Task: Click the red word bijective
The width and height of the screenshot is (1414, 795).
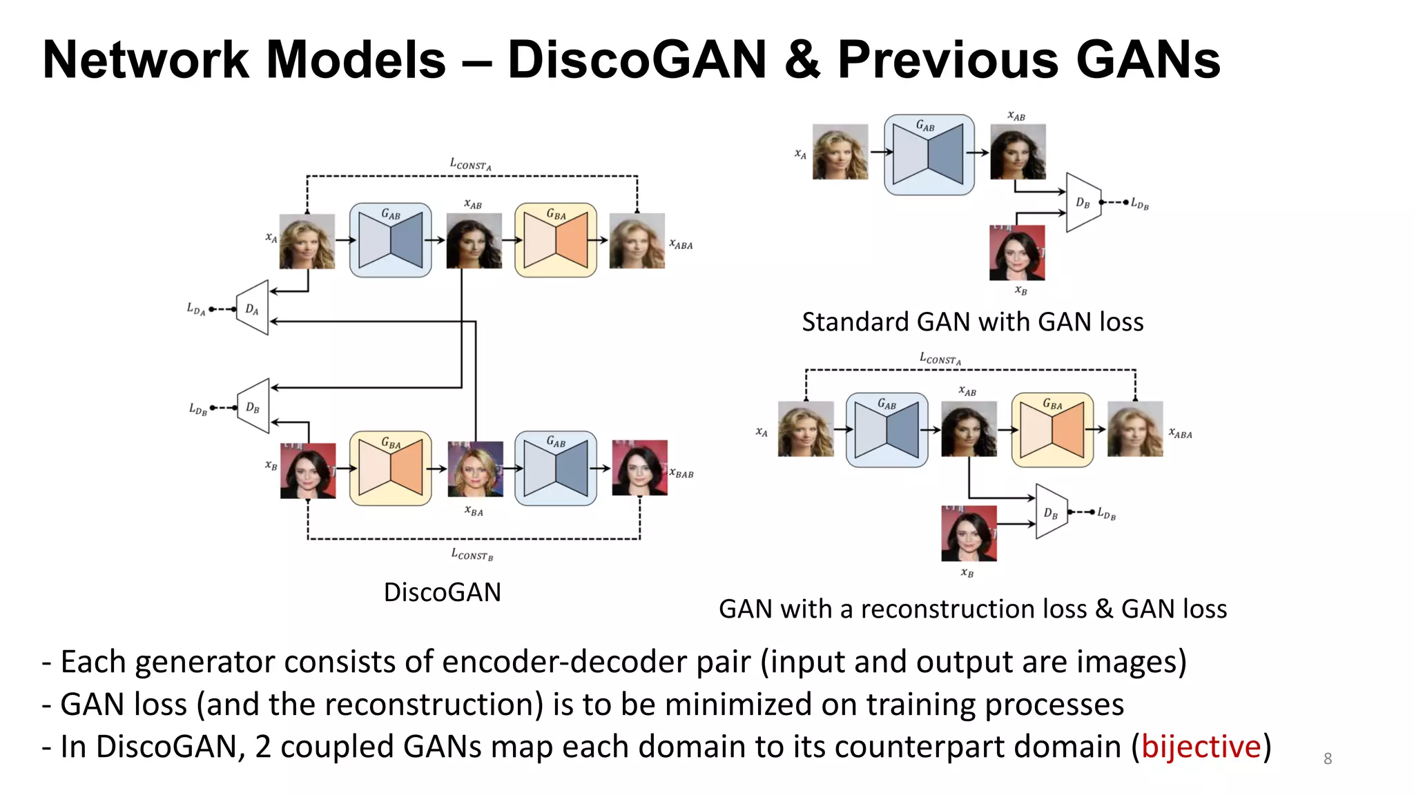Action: pyautogui.click(x=1201, y=747)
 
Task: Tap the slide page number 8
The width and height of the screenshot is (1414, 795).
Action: pyautogui.click(x=1327, y=758)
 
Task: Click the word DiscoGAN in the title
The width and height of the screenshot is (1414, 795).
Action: pyautogui.click(x=637, y=59)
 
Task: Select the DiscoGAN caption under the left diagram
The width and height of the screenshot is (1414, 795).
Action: pyautogui.click(x=442, y=592)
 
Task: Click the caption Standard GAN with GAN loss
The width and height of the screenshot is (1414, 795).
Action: pyautogui.click(x=972, y=322)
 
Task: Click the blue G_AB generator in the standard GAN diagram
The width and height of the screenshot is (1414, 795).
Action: pyautogui.click(x=929, y=155)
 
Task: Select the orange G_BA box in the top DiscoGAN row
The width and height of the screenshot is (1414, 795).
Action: pyautogui.click(x=556, y=240)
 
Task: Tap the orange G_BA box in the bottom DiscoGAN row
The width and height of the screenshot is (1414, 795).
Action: pyautogui.click(x=390, y=469)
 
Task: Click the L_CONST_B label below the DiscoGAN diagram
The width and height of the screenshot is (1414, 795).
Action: pyautogui.click(x=472, y=554)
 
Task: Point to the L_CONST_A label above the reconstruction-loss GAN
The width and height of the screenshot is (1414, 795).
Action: pyautogui.click(x=940, y=358)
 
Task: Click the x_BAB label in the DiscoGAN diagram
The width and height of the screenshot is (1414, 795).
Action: pyautogui.click(x=681, y=473)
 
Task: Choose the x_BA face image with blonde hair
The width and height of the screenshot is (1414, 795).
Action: pyautogui.click(x=475, y=469)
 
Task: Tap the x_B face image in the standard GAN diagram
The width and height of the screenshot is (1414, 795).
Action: pyautogui.click(x=1016, y=253)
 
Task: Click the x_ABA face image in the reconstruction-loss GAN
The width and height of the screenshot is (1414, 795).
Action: pyautogui.click(x=1134, y=429)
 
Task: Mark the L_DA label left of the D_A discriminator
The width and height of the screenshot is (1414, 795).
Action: pyautogui.click(x=195, y=308)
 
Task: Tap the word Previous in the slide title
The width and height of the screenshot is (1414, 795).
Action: pyautogui.click(x=948, y=59)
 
